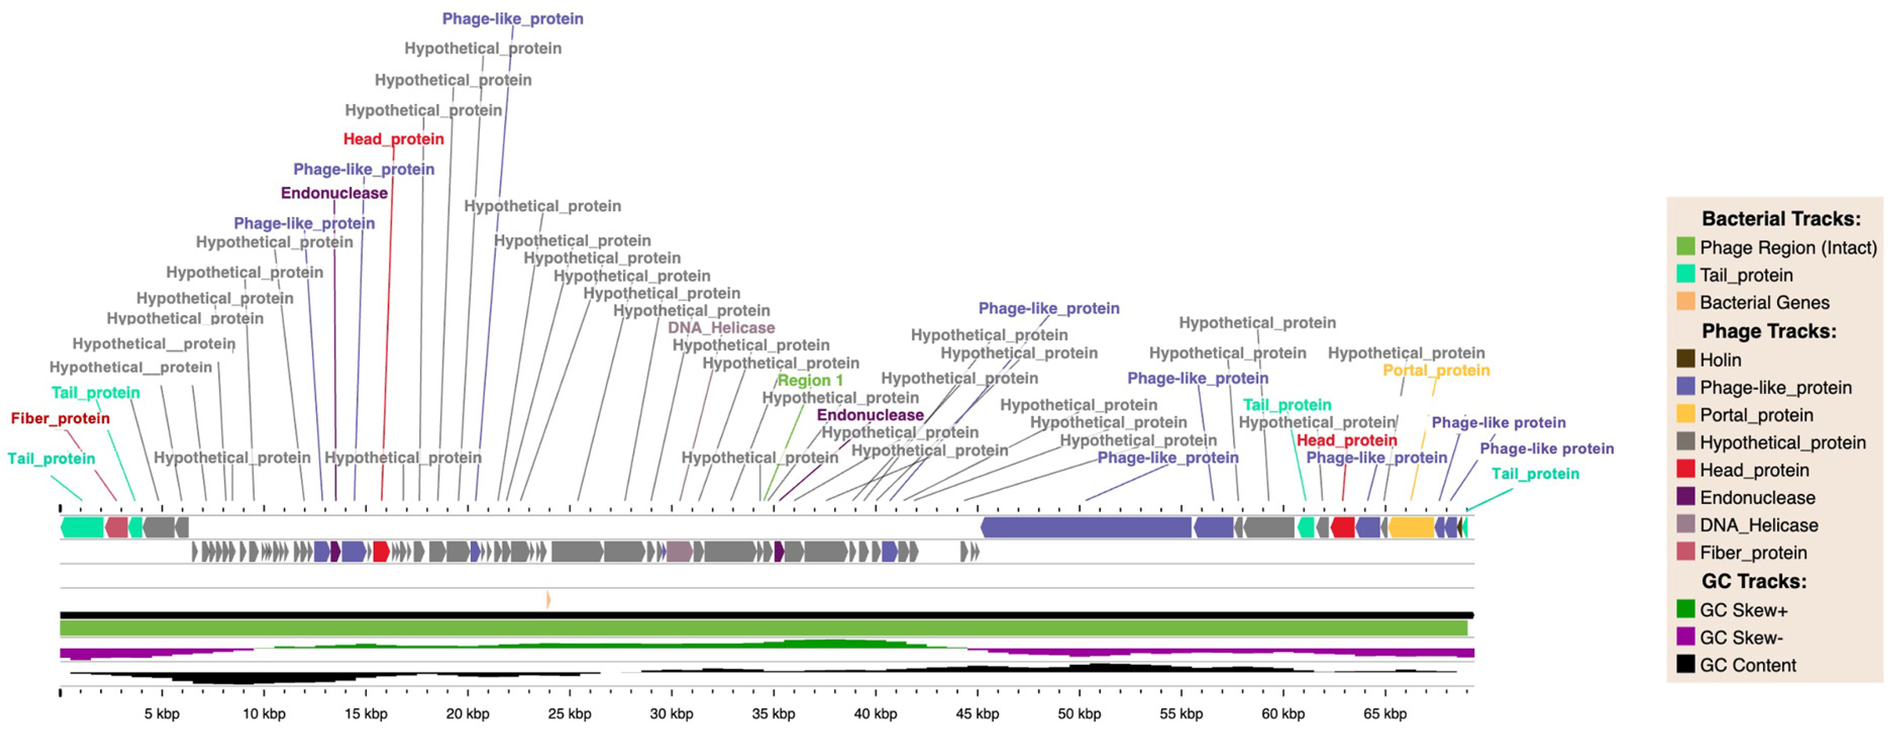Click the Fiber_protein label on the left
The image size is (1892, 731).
point(60,418)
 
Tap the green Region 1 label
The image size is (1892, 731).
point(810,381)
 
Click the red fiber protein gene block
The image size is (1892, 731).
point(117,527)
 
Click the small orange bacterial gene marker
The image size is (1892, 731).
point(548,599)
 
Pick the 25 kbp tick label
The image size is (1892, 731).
point(569,713)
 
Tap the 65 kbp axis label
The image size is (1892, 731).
point(1384,713)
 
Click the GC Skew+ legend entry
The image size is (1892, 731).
point(1743,610)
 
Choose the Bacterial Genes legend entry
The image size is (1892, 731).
point(1764,303)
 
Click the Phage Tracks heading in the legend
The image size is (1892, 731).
point(1768,331)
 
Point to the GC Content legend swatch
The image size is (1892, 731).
point(1686,664)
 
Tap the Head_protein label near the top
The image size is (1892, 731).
point(394,139)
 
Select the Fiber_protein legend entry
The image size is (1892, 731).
point(1752,552)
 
